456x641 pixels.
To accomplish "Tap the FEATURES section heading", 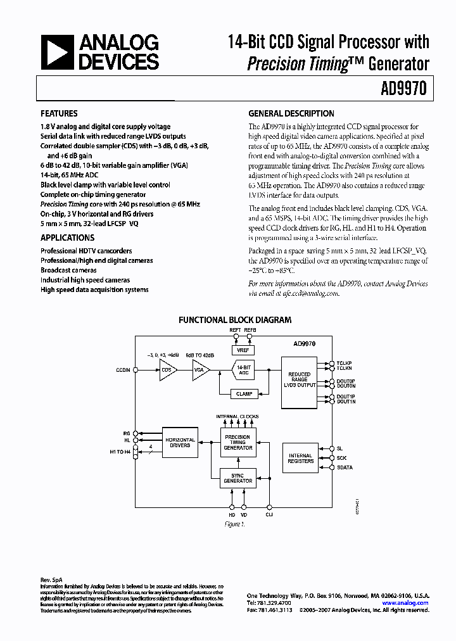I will coord(59,114).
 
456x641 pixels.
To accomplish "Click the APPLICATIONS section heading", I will coord(67,238).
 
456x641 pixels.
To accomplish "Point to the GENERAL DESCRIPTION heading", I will coord(291,114).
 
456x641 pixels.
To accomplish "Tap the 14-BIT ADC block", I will coord(244,370).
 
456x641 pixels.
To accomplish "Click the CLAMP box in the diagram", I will coord(244,394).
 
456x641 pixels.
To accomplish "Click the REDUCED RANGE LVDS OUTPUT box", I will coord(300,381).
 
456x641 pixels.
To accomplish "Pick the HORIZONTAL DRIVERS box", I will coord(180,442).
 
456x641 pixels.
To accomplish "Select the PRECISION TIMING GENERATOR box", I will coord(238,442).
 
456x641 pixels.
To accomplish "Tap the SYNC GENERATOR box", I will coord(238,478).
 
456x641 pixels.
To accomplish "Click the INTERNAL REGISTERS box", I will coord(300,458).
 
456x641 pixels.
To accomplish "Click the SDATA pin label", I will coord(345,467).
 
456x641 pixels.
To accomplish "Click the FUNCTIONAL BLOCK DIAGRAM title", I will coord(235,320).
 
